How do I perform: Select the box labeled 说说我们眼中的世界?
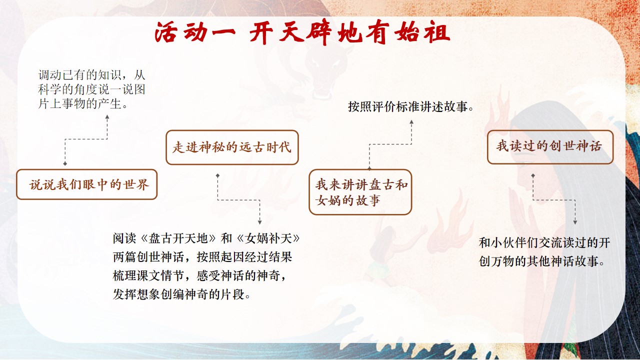coord(87,184)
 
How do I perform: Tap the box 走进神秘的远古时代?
coord(232,147)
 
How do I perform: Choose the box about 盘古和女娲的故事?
coord(360,192)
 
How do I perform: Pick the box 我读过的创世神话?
coord(550,147)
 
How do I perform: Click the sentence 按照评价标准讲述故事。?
coord(411,107)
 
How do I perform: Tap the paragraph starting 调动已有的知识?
coord(92,89)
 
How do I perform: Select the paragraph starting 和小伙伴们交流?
coord(544,251)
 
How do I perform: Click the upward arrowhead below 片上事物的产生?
coord(107,117)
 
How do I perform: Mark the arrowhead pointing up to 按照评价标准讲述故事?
coord(411,121)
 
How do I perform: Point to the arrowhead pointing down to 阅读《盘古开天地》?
coord(259,222)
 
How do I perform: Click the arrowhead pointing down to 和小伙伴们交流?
coord(575,222)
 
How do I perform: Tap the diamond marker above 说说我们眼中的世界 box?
coord(65,163)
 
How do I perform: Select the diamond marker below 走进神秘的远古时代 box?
coord(217,175)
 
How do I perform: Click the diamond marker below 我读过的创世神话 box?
coord(533,175)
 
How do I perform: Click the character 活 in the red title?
coord(165,32)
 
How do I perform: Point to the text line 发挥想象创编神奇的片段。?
coord(181,294)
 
